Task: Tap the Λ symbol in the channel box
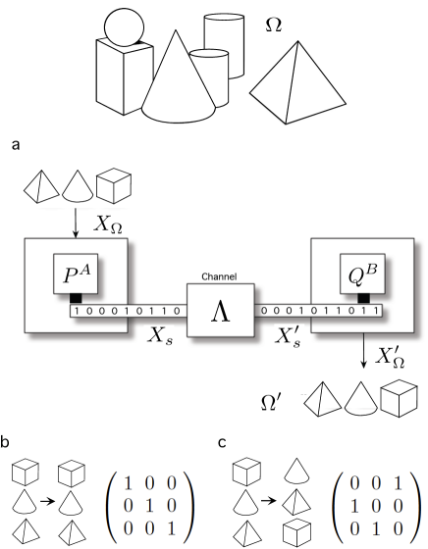tap(220, 313)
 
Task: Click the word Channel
tap(220, 277)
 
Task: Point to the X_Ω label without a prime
tap(109, 225)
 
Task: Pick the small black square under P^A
tap(76, 298)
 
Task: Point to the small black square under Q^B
tap(362, 298)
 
